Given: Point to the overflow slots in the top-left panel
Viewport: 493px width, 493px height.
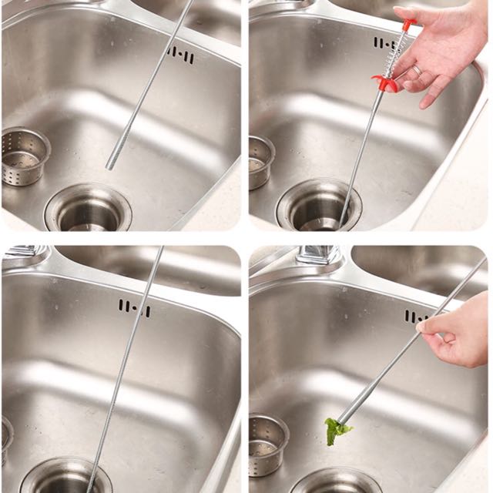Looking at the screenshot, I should (x=181, y=55).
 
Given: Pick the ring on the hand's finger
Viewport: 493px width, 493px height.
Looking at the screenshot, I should (x=416, y=70).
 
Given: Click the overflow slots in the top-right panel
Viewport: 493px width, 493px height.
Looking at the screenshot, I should (x=384, y=43).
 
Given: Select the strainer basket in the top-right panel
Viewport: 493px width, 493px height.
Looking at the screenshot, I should (x=261, y=163).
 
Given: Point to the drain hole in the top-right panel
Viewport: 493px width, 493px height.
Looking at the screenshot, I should (x=318, y=208).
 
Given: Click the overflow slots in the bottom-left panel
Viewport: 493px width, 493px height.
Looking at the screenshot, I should (x=135, y=307).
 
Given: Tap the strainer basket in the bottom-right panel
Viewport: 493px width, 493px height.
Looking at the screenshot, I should (x=268, y=443).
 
